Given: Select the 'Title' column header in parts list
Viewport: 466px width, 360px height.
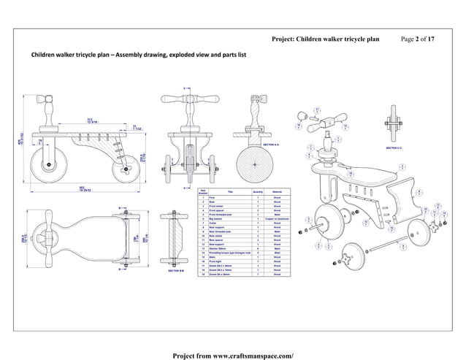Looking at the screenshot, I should (230, 192).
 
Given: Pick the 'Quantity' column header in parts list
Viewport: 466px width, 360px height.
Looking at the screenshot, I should (257, 192).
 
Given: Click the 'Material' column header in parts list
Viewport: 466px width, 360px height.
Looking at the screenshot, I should (278, 192).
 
